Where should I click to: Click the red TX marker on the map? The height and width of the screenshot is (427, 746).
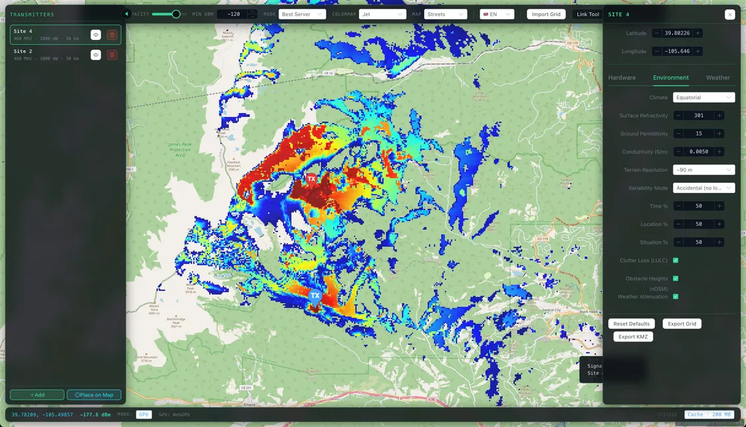tap(311, 179)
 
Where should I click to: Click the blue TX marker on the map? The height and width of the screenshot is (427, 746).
tap(315, 296)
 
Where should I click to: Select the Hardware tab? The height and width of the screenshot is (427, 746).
tap(621, 78)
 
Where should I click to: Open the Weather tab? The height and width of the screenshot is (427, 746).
tap(717, 78)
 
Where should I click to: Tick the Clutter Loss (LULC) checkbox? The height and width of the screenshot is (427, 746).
tap(675, 260)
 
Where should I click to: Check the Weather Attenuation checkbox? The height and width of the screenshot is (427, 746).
tap(675, 297)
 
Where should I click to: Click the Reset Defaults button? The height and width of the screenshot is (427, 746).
tap(631, 324)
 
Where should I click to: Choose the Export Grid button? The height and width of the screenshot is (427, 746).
tap(681, 324)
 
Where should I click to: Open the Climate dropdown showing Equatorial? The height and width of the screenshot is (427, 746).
tap(703, 98)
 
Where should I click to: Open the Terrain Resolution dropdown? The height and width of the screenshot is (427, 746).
tap(703, 170)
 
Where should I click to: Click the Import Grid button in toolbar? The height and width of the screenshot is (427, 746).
tap(546, 14)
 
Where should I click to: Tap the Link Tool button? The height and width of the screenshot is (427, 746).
tap(587, 14)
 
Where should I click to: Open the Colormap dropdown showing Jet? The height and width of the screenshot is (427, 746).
tap(382, 14)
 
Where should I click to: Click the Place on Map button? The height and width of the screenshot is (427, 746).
tap(94, 395)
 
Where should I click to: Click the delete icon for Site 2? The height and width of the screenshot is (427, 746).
tap(112, 55)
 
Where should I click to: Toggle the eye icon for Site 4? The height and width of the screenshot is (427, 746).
tap(96, 35)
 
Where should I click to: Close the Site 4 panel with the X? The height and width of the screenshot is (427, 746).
tap(729, 14)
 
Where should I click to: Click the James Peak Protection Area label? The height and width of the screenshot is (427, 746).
tap(180, 149)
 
